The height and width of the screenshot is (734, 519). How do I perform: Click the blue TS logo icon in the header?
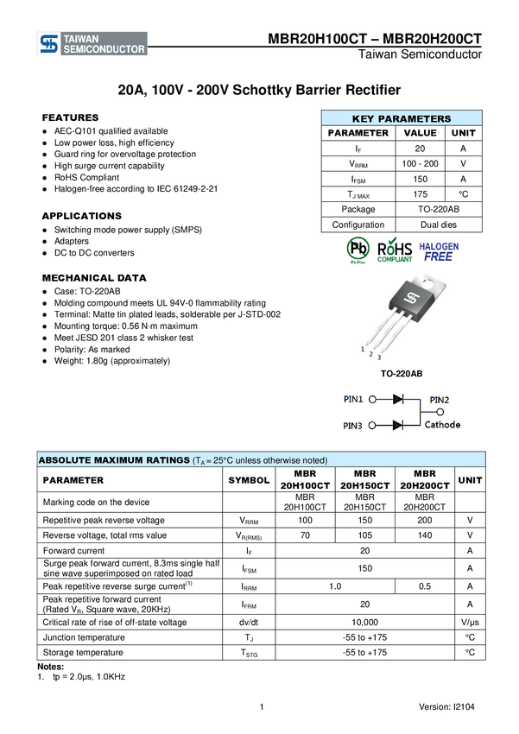coord(49,44)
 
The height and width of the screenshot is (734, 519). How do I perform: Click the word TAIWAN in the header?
coord(82,39)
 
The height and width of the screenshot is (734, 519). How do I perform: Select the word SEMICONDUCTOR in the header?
coord(104,50)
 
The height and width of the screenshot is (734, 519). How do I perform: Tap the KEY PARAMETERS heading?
coord(402,119)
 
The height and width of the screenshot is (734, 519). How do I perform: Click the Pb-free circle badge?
coord(358,250)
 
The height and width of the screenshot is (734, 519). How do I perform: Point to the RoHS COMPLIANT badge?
coord(395,250)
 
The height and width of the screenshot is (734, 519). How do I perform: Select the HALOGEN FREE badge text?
coord(439,251)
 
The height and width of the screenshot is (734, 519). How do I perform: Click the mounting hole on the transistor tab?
coord(429,282)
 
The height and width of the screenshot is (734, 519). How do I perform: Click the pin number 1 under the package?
coord(363,349)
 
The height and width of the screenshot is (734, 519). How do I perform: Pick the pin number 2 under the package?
coord(371,354)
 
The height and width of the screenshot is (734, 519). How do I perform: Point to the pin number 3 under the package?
coord(379,358)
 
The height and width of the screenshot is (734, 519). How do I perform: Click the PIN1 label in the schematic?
coord(353,400)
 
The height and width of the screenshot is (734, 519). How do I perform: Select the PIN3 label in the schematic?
coord(353,426)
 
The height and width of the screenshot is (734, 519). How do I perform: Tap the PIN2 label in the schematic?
coord(440,400)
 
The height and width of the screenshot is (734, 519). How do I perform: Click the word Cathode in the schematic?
coord(442,425)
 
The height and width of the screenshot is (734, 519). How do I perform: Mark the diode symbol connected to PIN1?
coord(398,399)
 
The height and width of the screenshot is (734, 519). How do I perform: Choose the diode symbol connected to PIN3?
coord(398,425)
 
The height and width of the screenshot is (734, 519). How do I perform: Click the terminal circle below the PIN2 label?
coord(440,412)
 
